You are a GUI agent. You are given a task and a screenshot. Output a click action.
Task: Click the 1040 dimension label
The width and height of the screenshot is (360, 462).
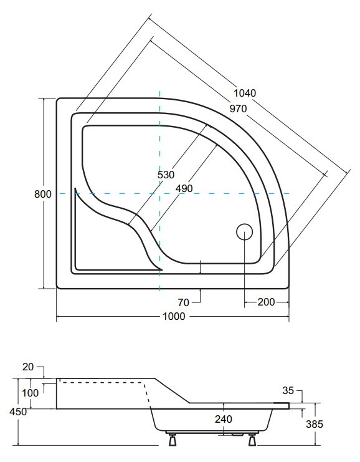point(245,93)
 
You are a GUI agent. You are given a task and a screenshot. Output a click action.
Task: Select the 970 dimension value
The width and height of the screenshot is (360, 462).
point(238,109)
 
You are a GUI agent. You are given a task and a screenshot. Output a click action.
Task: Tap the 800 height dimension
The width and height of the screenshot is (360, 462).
point(43,194)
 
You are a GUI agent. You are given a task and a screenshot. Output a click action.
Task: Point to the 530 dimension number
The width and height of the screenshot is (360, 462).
point(166,175)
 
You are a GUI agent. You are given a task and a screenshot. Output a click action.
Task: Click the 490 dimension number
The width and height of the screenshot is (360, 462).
point(184,188)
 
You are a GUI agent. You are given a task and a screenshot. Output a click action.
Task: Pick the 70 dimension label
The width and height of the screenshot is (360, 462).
point(183,302)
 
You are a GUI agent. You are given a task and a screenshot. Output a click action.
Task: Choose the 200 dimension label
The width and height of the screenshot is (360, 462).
point(266,302)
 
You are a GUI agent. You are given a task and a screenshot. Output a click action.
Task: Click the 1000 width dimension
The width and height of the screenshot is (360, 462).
point(174,317)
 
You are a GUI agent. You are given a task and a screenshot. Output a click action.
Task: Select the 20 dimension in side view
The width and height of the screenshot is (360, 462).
point(28,367)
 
